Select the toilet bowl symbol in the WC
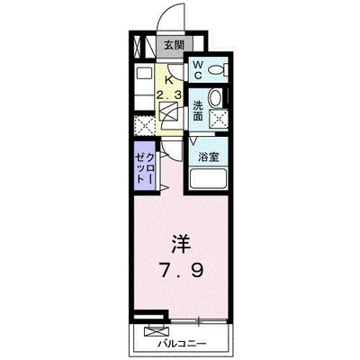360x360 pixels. coord(220,70)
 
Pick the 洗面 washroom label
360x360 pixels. coord(197,110)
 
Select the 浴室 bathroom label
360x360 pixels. coord(208,156)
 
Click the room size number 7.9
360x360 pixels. coord(181,269)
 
